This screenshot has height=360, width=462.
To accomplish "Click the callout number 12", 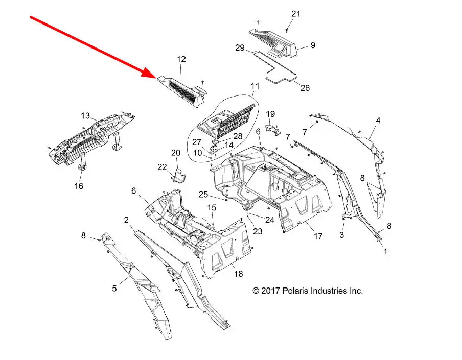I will click(181, 60).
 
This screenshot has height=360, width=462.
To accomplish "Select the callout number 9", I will click(313, 45).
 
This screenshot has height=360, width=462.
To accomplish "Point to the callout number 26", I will click(305, 88).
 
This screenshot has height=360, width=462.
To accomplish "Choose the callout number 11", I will click(255, 86).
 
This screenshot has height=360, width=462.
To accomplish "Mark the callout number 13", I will click(85, 115).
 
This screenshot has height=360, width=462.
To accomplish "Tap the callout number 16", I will click(79, 186).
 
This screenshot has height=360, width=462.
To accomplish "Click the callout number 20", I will click(176, 153).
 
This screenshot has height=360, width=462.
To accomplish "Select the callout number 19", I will click(271, 113).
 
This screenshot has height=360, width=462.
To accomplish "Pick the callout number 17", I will click(318, 236).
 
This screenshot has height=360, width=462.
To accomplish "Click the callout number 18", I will click(238, 274).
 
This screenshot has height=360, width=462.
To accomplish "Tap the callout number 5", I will click(114, 289).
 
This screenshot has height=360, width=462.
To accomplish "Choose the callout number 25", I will click(203, 194).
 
